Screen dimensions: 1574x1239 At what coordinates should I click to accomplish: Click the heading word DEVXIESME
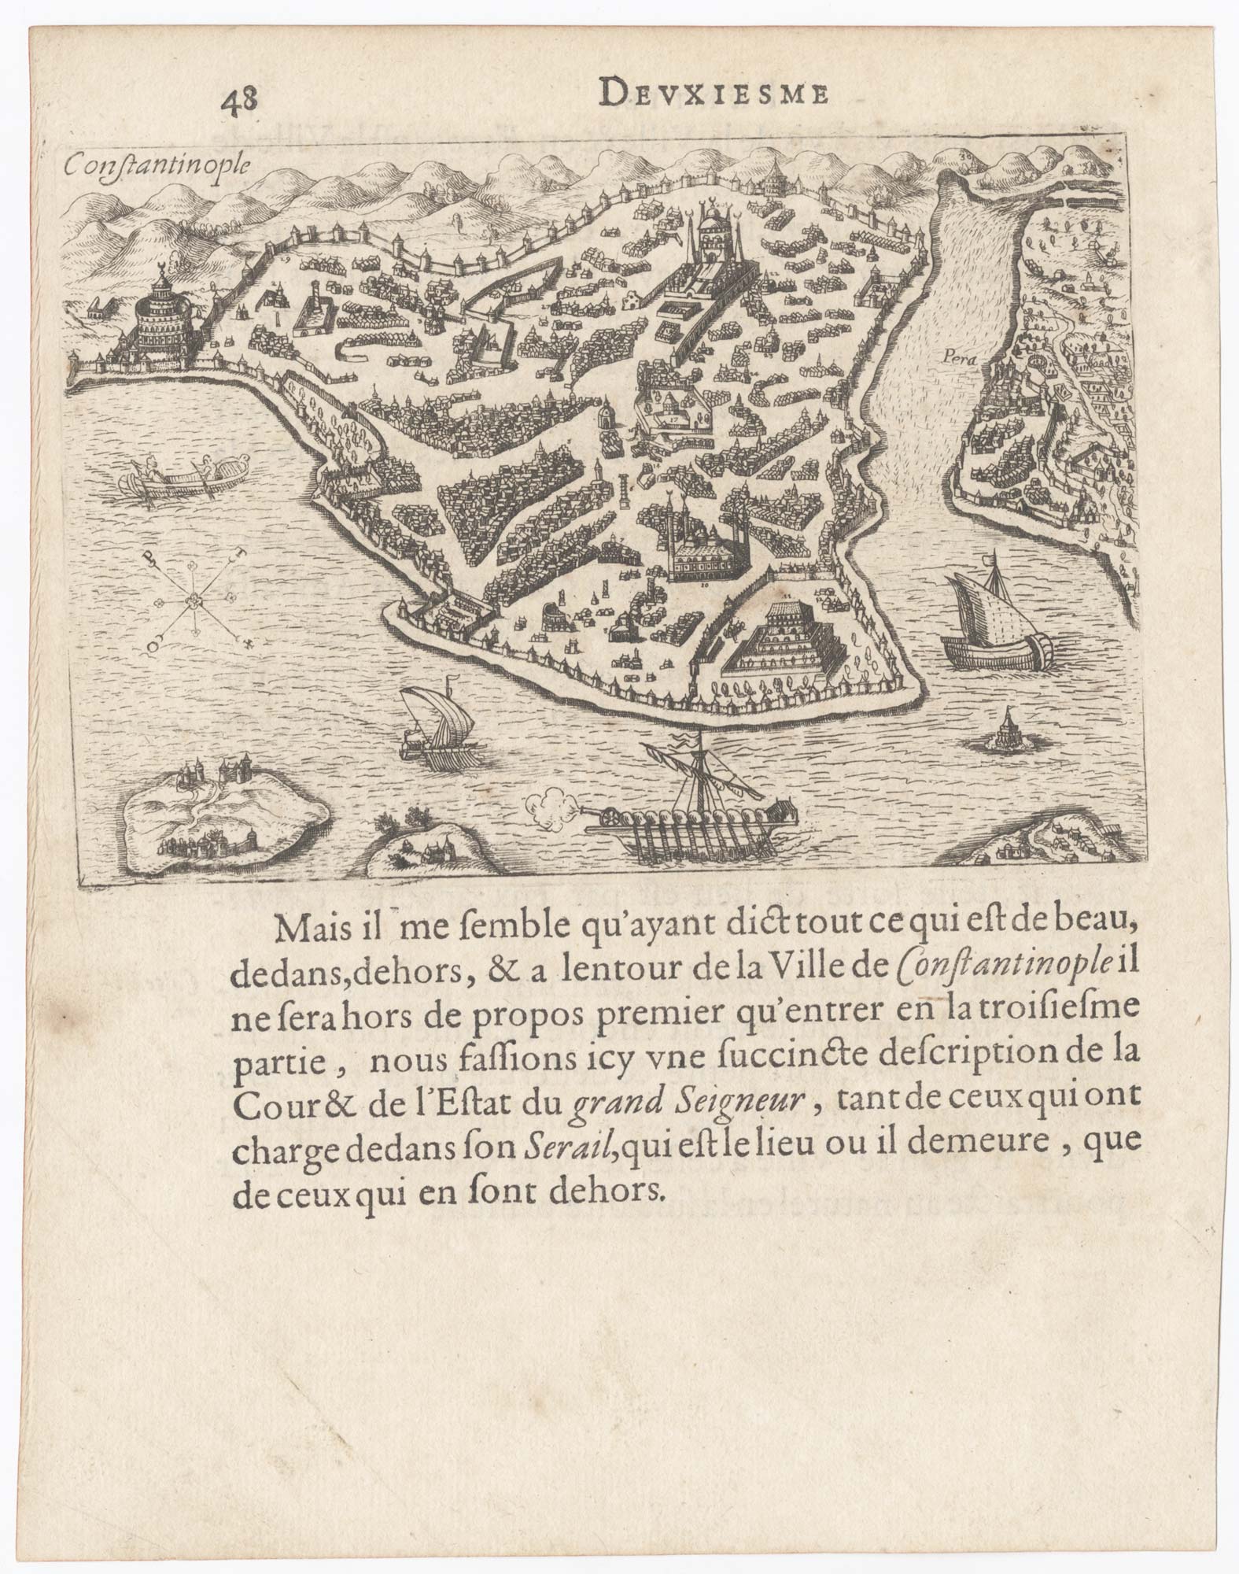[703, 94]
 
